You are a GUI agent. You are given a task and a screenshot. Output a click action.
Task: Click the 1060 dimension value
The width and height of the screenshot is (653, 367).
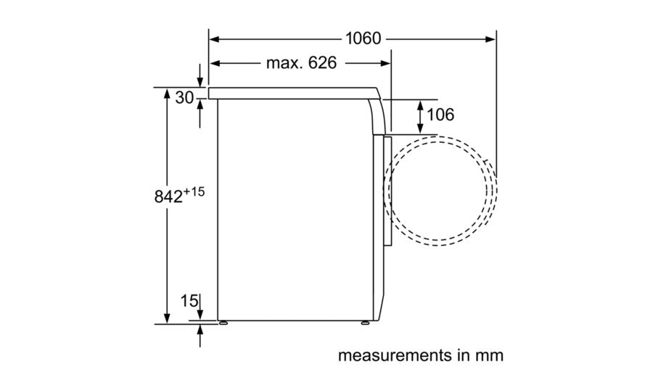pos(364,38)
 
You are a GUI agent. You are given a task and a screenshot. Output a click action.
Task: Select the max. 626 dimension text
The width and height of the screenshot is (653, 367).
pos(301,63)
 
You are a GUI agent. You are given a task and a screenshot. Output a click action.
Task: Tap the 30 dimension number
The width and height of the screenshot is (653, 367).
pos(184,98)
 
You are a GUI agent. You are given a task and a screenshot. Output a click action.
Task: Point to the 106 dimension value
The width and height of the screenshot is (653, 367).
pos(440,115)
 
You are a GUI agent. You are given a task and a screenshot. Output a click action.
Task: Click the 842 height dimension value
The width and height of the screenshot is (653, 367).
pos(168,197)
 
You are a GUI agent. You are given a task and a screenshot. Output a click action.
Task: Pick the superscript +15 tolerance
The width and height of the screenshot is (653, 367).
pos(194,191)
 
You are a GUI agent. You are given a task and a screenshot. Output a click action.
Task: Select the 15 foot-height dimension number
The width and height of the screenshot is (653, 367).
pos(189,300)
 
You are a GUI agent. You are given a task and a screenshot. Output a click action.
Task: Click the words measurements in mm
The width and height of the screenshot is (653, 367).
pos(421,355)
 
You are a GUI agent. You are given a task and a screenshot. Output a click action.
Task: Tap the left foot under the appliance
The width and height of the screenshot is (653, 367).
pos(223,323)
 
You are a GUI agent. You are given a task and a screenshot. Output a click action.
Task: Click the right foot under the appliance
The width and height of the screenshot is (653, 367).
pos(365,323)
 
